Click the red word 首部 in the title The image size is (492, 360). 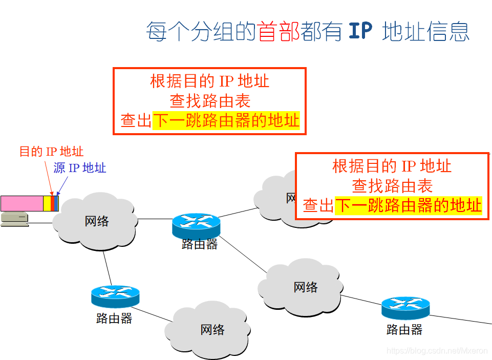pyautogui.click(x=279, y=31)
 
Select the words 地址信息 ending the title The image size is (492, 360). pyautogui.click(x=426, y=31)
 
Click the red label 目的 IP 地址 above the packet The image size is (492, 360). pyautogui.click(x=51, y=152)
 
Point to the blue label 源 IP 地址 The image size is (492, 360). pyautogui.click(x=80, y=168)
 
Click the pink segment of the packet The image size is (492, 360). pyautogui.click(x=22, y=203)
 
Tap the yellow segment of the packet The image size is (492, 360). pyautogui.click(x=47, y=203)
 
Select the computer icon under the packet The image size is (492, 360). pyautogui.click(x=14, y=219)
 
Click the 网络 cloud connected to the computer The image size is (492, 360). pyautogui.click(x=96, y=221)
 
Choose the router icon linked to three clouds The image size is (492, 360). pyautogui.click(x=196, y=225)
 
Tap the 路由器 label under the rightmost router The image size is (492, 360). pyautogui.click(x=404, y=330)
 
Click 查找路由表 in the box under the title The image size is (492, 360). pyautogui.click(x=209, y=100)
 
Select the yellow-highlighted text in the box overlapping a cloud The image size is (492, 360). pyautogui.click(x=408, y=206)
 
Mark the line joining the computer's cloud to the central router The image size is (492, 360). pyautogui.click(x=155, y=219)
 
